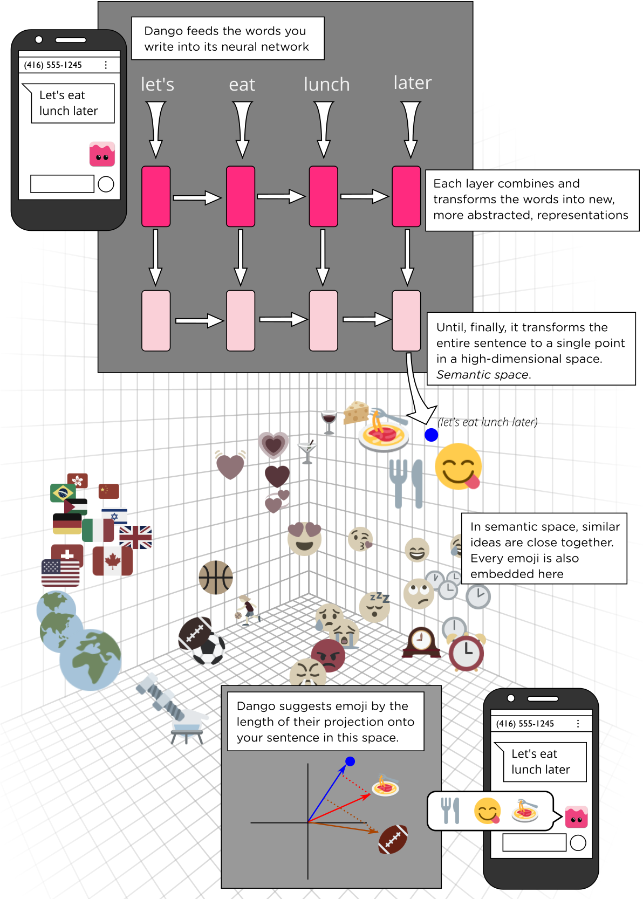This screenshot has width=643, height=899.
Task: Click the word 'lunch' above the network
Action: pyautogui.click(x=326, y=85)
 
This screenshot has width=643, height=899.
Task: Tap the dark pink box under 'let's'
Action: pyautogui.click(x=156, y=196)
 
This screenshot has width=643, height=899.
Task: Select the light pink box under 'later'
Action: pyautogui.click(x=406, y=320)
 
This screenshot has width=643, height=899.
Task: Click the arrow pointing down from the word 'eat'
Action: pyautogui.click(x=243, y=129)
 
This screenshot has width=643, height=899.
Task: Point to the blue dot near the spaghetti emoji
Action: pyautogui.click(x=431, y=435)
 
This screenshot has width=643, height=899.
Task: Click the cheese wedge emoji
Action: pyautogui.click(x=356, y=413)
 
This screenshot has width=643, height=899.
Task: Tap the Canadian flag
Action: pyautogui.click(x=112, y=561)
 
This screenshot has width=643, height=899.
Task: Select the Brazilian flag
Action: pyautogui.click(x=63, y=492)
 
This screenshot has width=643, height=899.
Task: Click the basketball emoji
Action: pyautogui.click(x=216, y=577)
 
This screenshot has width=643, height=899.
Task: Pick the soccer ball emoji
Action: pyautogui.click(x=209, y=649)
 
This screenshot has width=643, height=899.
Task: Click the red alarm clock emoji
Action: pyautogui.click(x=467, y=652)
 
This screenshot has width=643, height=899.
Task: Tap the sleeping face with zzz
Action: pyautogui.click(x=374, y=607)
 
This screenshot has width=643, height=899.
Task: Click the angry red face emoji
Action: pyautogui.click(x=329, y=655)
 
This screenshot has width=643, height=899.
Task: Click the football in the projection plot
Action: pyautogui.click(x=393, y=839)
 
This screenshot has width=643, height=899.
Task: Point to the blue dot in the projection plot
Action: pyautogui.click(x=350, y=761)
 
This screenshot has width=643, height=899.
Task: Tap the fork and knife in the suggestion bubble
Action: pyautogui.click(x=450, y=811)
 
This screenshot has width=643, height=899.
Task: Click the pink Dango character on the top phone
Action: pyautogui.click(x=102, y=154)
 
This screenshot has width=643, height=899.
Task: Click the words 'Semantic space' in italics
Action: pyautogui.click(x=482, y=375)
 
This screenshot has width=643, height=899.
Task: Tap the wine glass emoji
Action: pyautogui.click(x=329, y=421)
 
